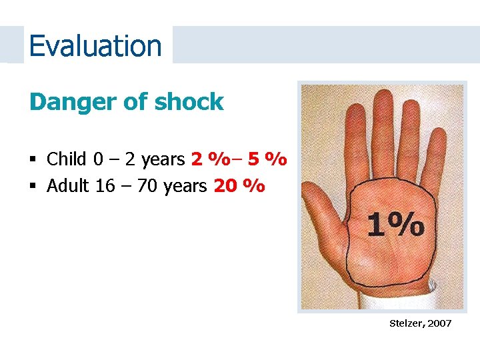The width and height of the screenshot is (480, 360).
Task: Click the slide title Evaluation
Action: [x=95, y=46]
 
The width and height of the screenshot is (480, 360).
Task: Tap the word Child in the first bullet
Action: [x=67, y=159]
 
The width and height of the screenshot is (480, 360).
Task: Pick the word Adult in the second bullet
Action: [x=69, y=185]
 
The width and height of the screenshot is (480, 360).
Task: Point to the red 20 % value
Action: [x=239, y=185]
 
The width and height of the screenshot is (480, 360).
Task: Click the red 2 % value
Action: [x=207, y=159]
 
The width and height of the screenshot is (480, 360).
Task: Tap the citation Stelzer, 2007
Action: [x=420, y=323]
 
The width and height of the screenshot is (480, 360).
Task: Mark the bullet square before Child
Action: [x=33, y=160]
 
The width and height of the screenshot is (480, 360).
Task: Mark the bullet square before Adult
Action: [x=33, y=186]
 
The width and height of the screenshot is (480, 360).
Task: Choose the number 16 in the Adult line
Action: [x=105, y=185]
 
